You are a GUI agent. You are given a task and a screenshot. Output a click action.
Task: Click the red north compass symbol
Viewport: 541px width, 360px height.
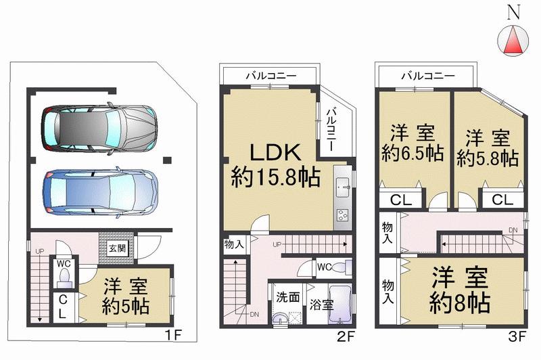coord(511,41)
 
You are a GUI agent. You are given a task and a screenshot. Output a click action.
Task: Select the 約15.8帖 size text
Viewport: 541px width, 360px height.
coord(266,178)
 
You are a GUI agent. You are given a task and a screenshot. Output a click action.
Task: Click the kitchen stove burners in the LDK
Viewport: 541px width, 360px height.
coord(342,216)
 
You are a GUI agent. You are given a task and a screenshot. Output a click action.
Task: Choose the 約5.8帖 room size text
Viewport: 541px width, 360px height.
coord(488,158)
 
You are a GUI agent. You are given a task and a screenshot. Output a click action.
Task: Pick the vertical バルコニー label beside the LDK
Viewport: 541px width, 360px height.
coord(333,129)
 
